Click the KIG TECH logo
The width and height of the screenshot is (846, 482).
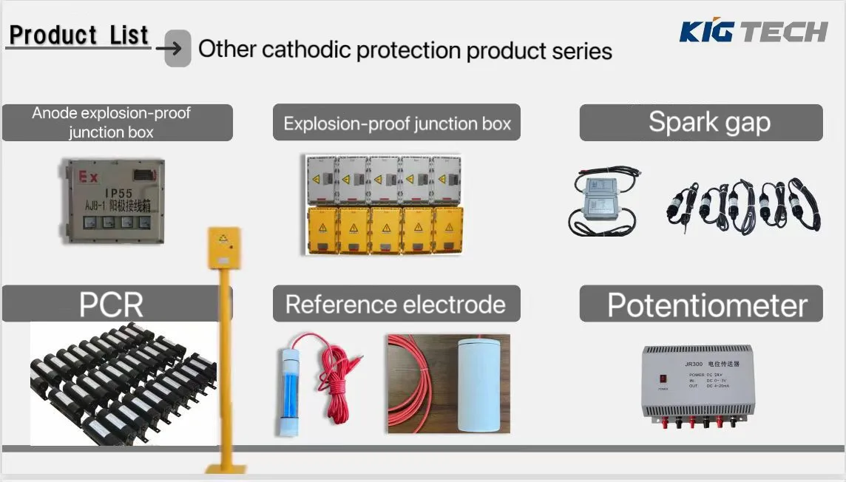point(753,31)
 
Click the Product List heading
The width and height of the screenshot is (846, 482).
point(79,35)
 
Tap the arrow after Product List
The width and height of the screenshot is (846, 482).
point(177,49)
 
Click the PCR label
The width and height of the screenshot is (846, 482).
point(111,304)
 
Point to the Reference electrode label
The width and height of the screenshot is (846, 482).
point(396,304)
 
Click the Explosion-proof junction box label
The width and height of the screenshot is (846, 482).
point(397,123)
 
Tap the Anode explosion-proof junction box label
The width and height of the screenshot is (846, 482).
point(111,123)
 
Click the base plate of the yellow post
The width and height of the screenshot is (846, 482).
point(223,469)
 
